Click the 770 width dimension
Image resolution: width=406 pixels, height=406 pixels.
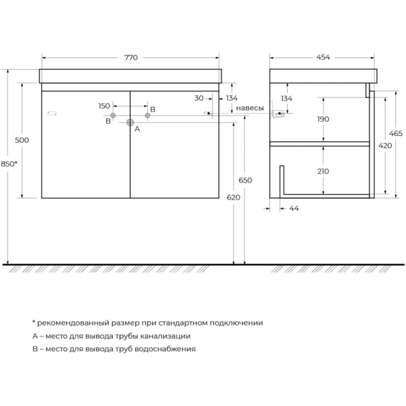(131, 58)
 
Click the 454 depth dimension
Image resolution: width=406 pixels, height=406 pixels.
(323, 58)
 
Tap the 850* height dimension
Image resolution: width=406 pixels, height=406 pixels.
(9, 164)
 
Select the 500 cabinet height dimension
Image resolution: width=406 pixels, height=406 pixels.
(22, 140)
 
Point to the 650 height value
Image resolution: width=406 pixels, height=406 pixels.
(245, 180)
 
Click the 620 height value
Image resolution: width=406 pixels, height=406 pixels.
(233, 198)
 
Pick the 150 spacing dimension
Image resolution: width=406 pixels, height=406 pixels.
(104, 106)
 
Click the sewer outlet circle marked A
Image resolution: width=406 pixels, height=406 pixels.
(130, 122)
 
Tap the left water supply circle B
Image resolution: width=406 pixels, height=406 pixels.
(113, 116)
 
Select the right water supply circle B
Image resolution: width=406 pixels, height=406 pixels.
(148, 116)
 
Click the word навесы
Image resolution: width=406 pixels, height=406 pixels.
(250, 108)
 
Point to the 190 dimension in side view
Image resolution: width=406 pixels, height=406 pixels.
(323, 119)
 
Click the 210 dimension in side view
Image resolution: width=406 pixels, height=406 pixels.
(323, 171)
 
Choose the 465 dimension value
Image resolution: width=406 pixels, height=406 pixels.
(396, 133)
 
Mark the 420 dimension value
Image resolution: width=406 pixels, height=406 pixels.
(385, 145)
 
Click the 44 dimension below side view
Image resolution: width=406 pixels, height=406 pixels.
(294, 208)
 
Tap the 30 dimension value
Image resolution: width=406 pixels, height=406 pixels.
(199, 98)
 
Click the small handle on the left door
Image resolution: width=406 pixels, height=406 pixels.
(52, 113)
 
